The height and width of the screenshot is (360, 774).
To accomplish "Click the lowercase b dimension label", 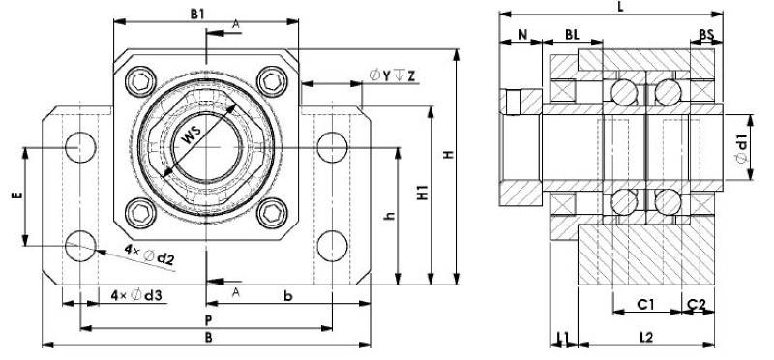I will click(x=288, y=293).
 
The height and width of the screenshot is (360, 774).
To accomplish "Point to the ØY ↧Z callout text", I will click(x=393, y=75).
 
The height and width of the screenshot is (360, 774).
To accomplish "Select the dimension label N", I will click(x=523, y=35).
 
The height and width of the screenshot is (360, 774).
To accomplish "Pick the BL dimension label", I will click(x=572, y=35).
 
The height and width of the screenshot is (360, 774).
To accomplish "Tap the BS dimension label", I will click(x=707, y=35).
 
